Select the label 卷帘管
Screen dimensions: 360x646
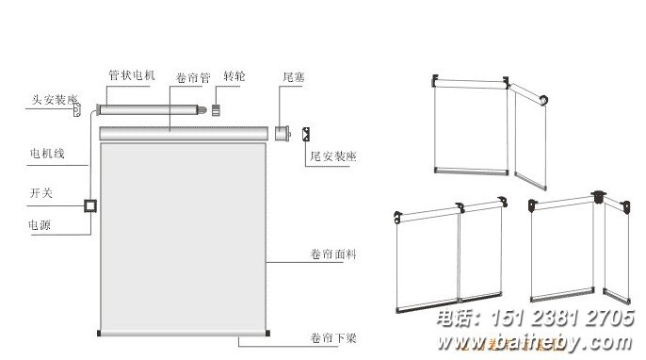click(x=192, y=77)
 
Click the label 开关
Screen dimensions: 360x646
click(x=40, y=192)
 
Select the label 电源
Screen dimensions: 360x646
click(x=40, y=226)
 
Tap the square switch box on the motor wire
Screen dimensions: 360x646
click(x=91, y=205)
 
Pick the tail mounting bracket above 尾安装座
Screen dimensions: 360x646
click(x=309, y=134)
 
